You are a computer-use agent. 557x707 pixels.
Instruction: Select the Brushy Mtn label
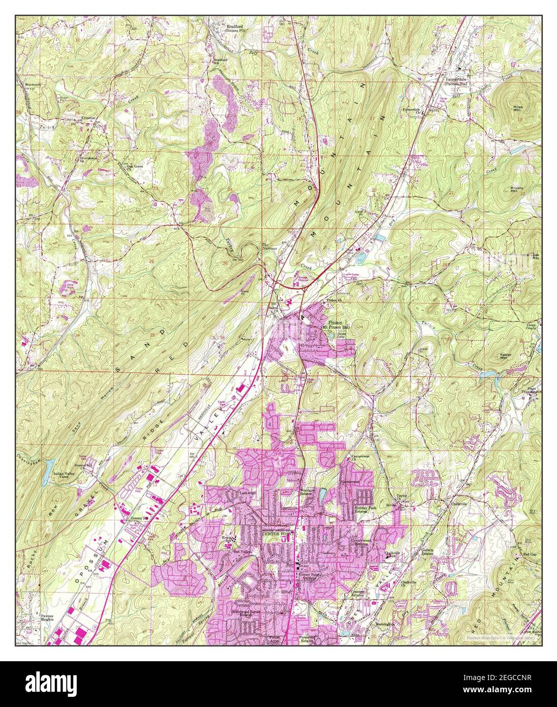(x=517, y=189)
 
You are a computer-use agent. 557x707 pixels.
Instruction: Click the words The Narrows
(x=269, y=247)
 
